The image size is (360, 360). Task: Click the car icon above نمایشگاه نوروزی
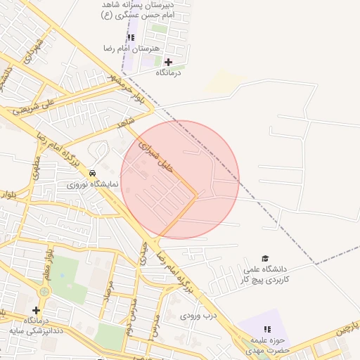coord(93,173)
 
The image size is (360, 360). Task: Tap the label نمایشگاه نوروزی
coord(93,185)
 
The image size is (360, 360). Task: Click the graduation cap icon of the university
coord(265,258)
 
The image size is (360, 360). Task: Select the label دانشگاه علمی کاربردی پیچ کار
coord(265,274)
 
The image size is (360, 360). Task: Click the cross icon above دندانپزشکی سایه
coord(36,309)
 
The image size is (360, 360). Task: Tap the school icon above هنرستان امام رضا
coord(131,37)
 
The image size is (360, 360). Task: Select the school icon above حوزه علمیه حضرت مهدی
coord(266,328)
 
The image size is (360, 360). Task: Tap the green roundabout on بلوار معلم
coord(45,291)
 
